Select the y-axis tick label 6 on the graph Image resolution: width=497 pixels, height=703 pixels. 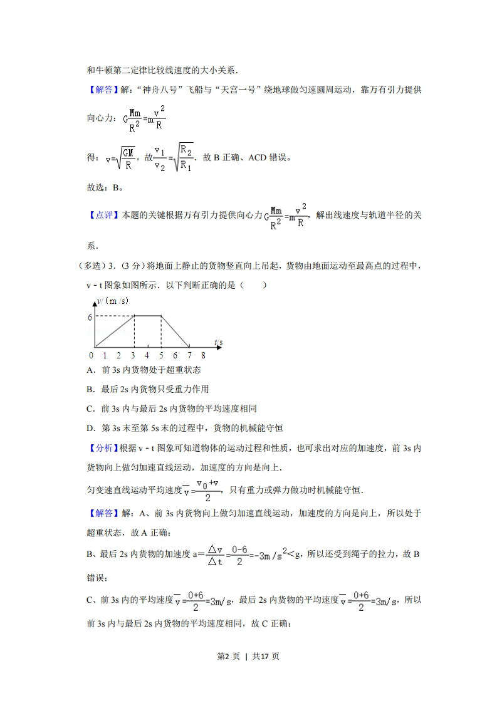(90, 317)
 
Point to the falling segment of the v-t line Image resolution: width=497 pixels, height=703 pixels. (175, 332)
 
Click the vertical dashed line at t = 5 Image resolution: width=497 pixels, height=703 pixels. (162, 332)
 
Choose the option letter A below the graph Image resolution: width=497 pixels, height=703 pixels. (89, 370)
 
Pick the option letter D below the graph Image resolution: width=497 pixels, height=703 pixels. (89, 429)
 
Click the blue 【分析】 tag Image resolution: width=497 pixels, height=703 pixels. (101, 449)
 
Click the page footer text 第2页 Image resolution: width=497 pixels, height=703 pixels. (228, 657)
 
